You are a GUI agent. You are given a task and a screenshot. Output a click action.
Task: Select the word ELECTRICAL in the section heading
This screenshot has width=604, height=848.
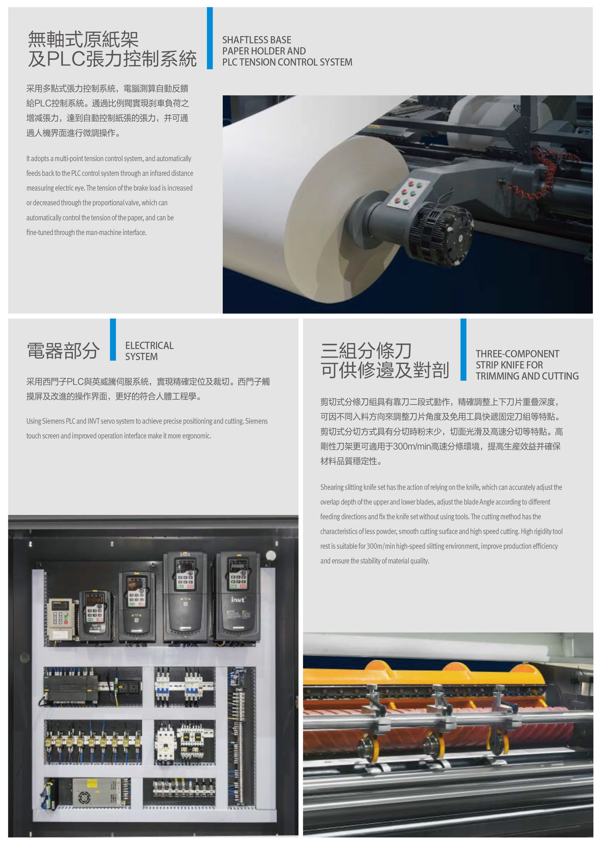(x=149, y=346)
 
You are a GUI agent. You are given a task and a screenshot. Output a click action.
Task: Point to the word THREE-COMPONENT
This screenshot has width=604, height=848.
(x=517, y=354)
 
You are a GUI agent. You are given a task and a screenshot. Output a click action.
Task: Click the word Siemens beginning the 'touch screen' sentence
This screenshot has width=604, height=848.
(x=256, y=421)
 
